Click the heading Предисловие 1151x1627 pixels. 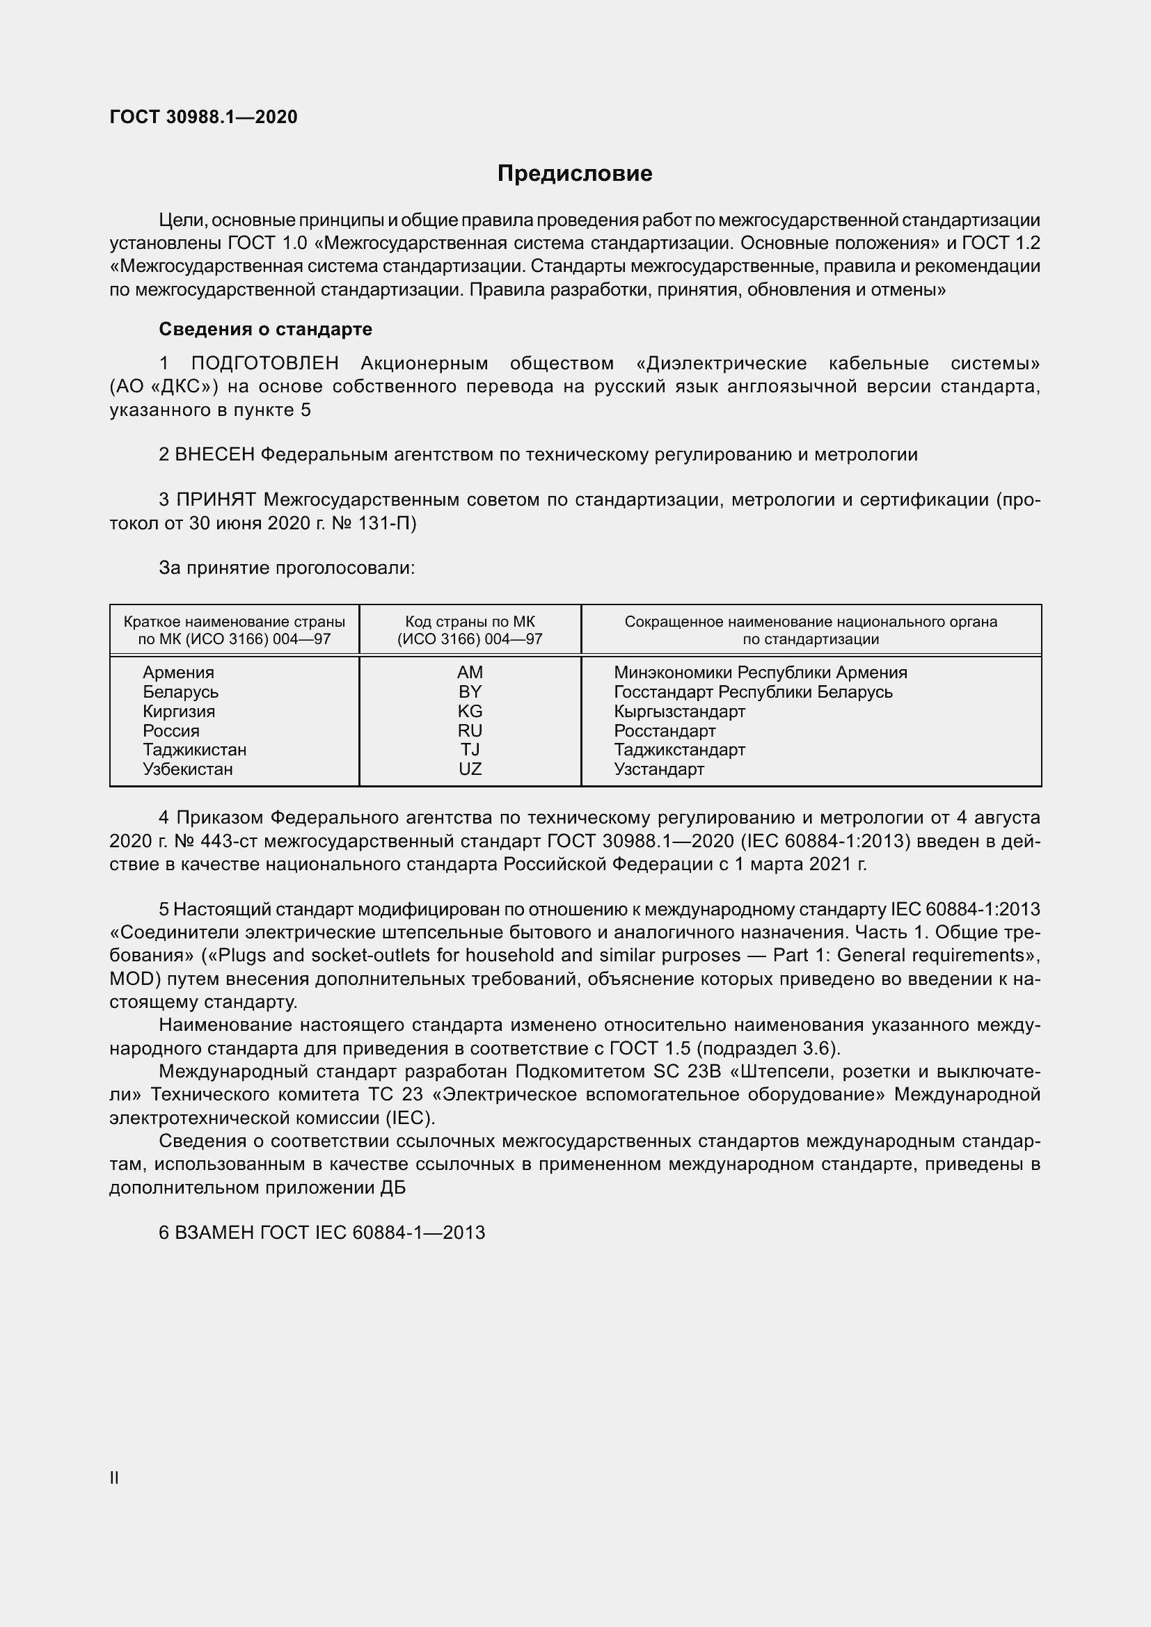pos(574,174)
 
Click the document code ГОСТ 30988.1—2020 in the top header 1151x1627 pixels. pos(203,117)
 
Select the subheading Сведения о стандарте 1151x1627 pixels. pos(265,329)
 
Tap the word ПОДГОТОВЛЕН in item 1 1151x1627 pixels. pos(264,364)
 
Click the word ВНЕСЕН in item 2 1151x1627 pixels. pos(214,454)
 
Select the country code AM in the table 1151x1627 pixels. pos(469,672)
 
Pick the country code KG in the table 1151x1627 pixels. pos(469,711)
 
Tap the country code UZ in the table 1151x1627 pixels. pos(469,769)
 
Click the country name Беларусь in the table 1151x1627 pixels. pos(180,691)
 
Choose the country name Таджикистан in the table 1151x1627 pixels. pos(194,750)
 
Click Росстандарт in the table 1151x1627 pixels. pos(664,730)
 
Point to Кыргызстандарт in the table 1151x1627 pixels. pos(679,711)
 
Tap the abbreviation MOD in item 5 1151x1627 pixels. pos(132,979)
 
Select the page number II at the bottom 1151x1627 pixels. pos(114,1477)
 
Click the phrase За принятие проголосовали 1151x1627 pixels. pos(286,568)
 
